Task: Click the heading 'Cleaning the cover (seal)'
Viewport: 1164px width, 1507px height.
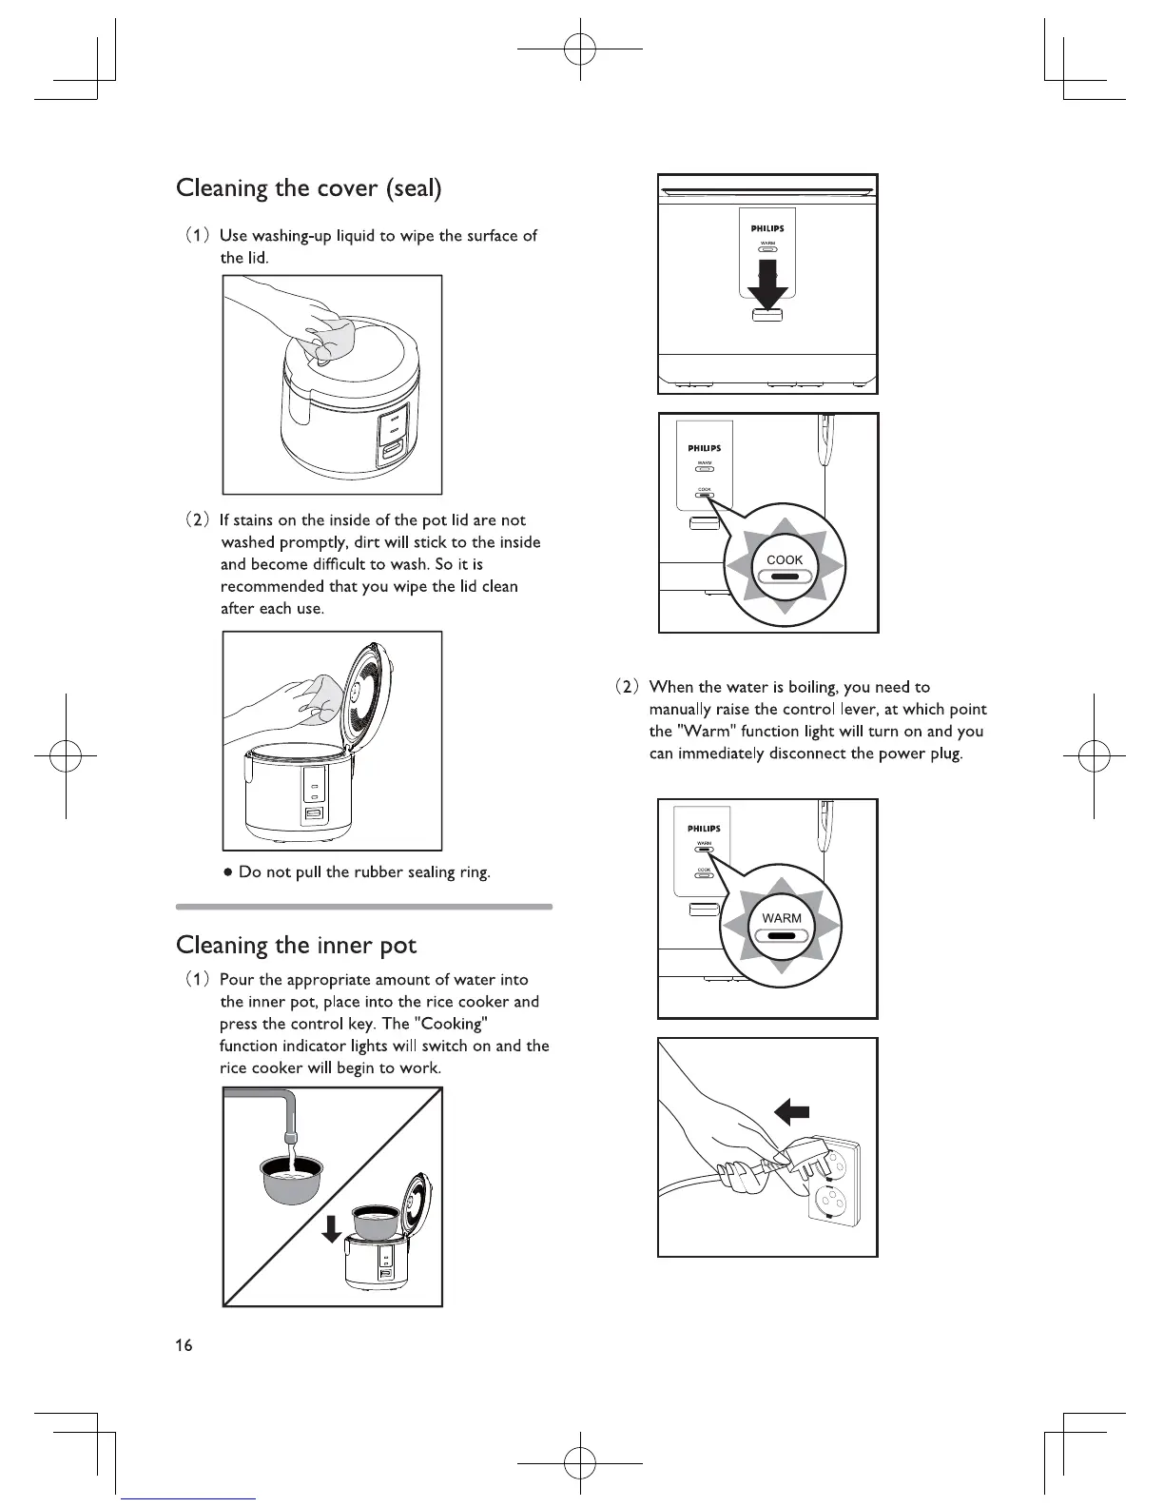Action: pos(309,188)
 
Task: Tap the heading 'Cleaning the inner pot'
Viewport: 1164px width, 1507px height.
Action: pos(296,946)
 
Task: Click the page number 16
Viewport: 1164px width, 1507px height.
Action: pos(183,1345)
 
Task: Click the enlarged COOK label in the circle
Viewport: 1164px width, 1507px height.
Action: pos(785,560)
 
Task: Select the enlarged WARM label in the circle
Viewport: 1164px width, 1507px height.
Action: pos(782,918)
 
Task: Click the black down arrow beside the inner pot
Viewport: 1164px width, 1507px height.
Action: pos(330,1228)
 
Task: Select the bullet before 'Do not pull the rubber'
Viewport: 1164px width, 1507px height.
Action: pos(228,873)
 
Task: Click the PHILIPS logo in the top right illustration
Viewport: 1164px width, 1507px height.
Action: pos(767,228)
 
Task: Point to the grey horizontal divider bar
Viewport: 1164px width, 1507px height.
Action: pos(364,907)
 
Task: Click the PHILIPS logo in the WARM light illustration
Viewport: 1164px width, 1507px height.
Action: pos(704,829)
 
